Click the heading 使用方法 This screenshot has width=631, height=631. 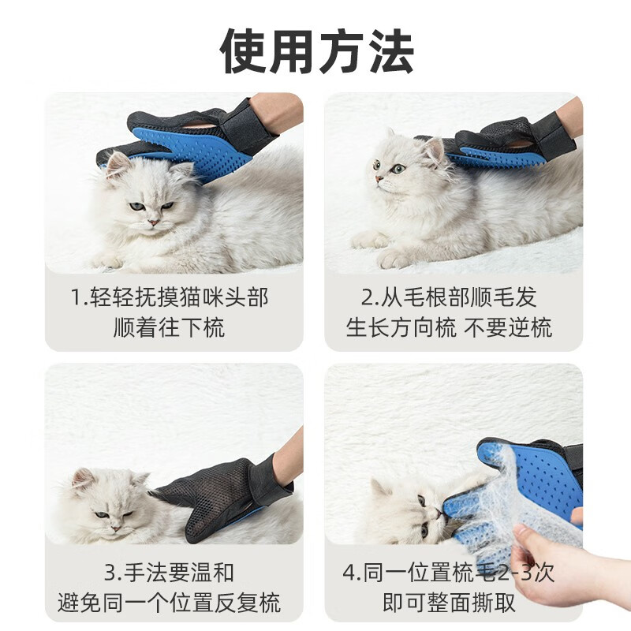pyautogui.click(x=317, y=51)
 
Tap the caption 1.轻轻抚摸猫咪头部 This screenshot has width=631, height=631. pyautogui.click(x=170, y=297)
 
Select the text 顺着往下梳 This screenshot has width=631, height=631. pyautogui.click(x=169, y=327)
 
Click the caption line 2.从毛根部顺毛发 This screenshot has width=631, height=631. pyautogui.click(x=449, y=297)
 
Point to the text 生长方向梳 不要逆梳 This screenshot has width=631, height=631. pyautogui.click(x=449, y=327)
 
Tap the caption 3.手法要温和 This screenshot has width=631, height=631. pyautogui.click(x=169, y=572)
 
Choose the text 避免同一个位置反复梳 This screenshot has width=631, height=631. pyautogui.click(x=169, y=603)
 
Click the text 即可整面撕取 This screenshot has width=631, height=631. pyautogui.click(x=449, y=603)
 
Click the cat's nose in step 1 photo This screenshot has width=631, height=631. pyautogui.click(x=153, y=222)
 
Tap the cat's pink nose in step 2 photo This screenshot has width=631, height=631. pyautogui.click(x=379, y=178)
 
